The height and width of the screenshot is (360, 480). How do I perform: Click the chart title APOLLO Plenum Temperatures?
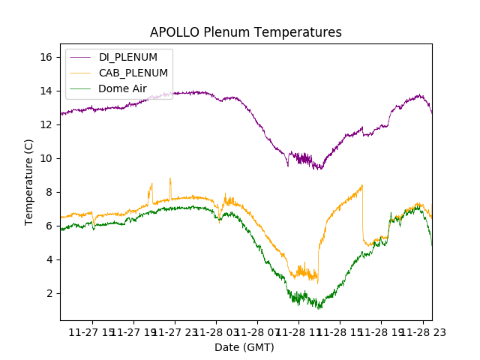pyautogui.click(x=245, y=32)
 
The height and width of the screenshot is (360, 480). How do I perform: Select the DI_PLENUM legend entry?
pyautogui.click(x=128, y=58)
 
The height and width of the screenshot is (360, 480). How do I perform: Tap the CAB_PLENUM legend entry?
pyautogui.click(x=133, y=73)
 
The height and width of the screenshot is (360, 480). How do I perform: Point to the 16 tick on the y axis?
pyautogui.click(x=49, y=57)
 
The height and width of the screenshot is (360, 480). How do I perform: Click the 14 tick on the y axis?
pyautogui.click(x=49, y=91)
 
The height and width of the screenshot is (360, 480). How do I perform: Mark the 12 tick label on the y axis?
pyautogui.click(x=49, y=124)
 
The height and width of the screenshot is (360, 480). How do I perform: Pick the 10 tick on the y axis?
pyautogui.click(x=49, y=158)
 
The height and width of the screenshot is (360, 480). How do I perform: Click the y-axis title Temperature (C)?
pyautogui.click(x=29, y=181)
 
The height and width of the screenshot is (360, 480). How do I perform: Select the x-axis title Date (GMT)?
pyautogui.click(x=244, y=347)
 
